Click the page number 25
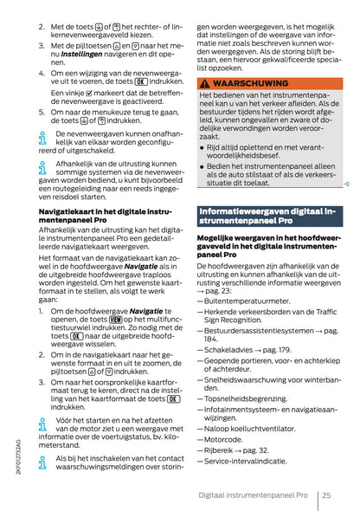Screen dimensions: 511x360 coord(326,494)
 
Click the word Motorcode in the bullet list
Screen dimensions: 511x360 coord(225,439)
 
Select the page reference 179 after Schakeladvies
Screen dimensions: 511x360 coord(280,350)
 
